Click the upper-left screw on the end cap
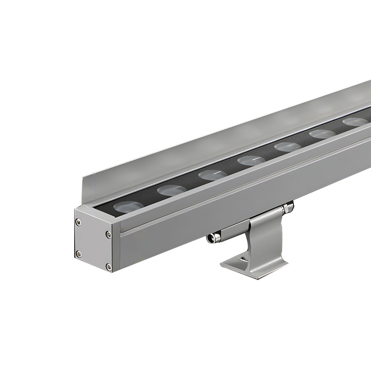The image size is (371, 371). pyautogui.click(x=78, y=222)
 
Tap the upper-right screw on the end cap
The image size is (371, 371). pyautogui.click(x=108, y=234)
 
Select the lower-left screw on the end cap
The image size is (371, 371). pyautogui.click(x=78, y=253)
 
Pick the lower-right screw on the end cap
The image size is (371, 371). pyautogui.click(x=108, y=266)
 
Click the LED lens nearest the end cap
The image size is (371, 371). pyautogui.click(x=127, y=207)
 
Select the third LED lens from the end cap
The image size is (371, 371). pyautogui.click(x=212, y=175)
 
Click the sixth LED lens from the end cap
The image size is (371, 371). pyautogui.click(x=322, y=134)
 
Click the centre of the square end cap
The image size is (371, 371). pyautogui.click(x=93, y=244)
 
